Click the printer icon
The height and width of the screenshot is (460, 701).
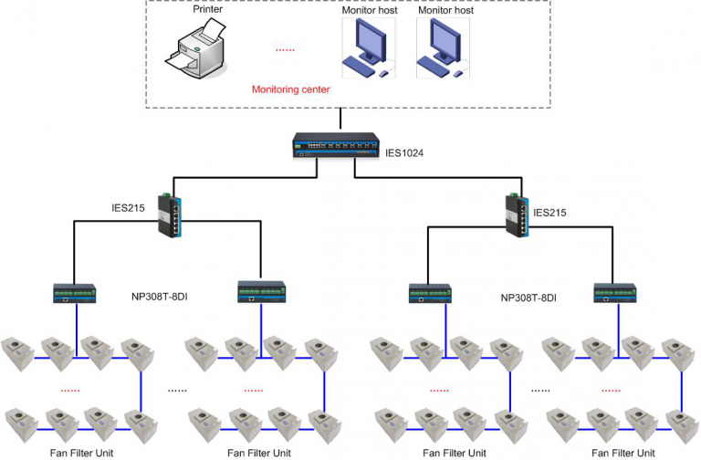click(x=195, y=49)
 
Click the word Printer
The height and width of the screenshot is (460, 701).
click(x=207, y=9)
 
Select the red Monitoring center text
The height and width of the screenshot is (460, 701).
click(x=290, y=89)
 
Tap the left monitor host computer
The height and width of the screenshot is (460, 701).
click(x=369, y=47)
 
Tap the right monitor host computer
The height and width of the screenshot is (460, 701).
click(x=443, y=47)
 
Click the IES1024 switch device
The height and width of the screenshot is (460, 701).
click(x=336, y=145)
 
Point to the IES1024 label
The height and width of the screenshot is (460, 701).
click(x=404, y=153)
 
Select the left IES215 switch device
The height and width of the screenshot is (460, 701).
click(x=170, y=215)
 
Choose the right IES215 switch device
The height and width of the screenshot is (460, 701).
click(x=518, y=215)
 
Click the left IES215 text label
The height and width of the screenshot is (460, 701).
click(x=128, y=208)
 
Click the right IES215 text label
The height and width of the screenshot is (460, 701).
click(x=549, y=213)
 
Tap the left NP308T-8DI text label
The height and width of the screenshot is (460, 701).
click(x=159, y=297)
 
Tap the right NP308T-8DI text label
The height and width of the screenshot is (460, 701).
click(x=528, y=298)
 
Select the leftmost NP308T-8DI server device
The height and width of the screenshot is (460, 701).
click(x=75, y=293)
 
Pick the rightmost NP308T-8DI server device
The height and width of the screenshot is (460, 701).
click(x=615, y=293)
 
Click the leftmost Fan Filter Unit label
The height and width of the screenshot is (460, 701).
click(x=82, y=453)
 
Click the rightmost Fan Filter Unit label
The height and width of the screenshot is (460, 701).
click(x=623, y=453)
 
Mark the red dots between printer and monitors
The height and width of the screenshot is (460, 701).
click(x=285, y=50)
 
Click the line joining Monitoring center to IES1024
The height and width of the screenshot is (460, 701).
click(x=340, y=119)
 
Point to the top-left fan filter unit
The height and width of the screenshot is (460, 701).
click(x=17, y=353)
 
